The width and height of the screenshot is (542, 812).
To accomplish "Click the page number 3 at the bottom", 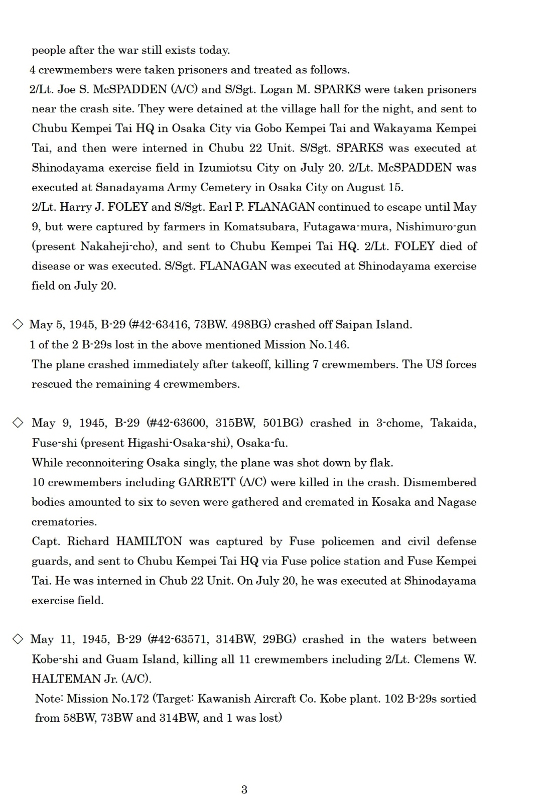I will (x=244, y=789).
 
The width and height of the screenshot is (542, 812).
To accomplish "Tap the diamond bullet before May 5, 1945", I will (x=18, y=325).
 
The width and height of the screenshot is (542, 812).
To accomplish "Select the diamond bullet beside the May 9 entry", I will (x=18, y=423).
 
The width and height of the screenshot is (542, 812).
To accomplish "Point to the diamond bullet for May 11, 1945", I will (x=18, y=639).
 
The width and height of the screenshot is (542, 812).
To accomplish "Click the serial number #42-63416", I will (x=160, y=325).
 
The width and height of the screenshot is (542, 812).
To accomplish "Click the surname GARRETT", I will (x=207, y=482).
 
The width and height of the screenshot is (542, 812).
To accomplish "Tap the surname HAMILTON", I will (x=149, y=542).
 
